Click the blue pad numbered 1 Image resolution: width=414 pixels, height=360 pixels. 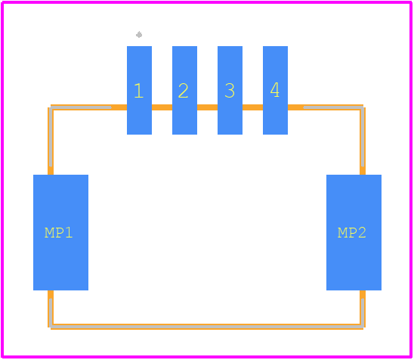coord(140,91)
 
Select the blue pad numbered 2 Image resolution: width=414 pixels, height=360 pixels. coord(184,91)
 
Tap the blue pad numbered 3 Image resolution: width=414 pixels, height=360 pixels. coord(230,91)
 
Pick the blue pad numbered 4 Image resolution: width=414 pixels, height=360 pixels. coord(276,91)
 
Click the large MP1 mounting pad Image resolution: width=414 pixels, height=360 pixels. coord(60,233)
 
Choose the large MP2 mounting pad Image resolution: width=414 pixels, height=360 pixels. coord(354,233)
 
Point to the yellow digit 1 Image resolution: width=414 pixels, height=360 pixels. coord(138,91)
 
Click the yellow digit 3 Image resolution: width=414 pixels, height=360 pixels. coord(230,91)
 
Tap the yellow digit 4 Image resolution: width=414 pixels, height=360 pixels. coord(275,89)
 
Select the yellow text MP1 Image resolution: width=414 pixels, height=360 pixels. coord(58,233)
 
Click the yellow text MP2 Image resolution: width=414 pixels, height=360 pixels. coord(352,233)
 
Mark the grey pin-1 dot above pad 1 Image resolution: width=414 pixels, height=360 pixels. coord(139,35)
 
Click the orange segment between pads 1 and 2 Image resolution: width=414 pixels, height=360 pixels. coord(162,107)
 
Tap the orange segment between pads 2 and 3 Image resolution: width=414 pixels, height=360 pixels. coord(207,107)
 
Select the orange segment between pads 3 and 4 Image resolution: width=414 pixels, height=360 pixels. coord(252,107)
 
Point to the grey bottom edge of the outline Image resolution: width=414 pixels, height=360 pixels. coord(207,327)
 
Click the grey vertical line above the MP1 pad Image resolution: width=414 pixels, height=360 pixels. coord(51,136)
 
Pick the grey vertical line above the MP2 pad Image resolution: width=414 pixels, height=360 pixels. coord(363,136)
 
